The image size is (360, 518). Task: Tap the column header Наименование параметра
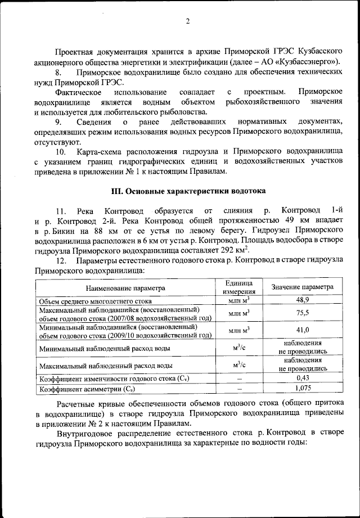pos(125,287)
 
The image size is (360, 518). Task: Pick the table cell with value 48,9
pos(303,301)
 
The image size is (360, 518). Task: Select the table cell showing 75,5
pos(303,313)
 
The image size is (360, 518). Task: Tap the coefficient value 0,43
pos(303,379)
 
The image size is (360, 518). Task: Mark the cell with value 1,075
pos(303,389)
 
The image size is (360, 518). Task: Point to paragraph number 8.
pos(58,73)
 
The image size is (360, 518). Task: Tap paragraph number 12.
pos(61,261)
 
